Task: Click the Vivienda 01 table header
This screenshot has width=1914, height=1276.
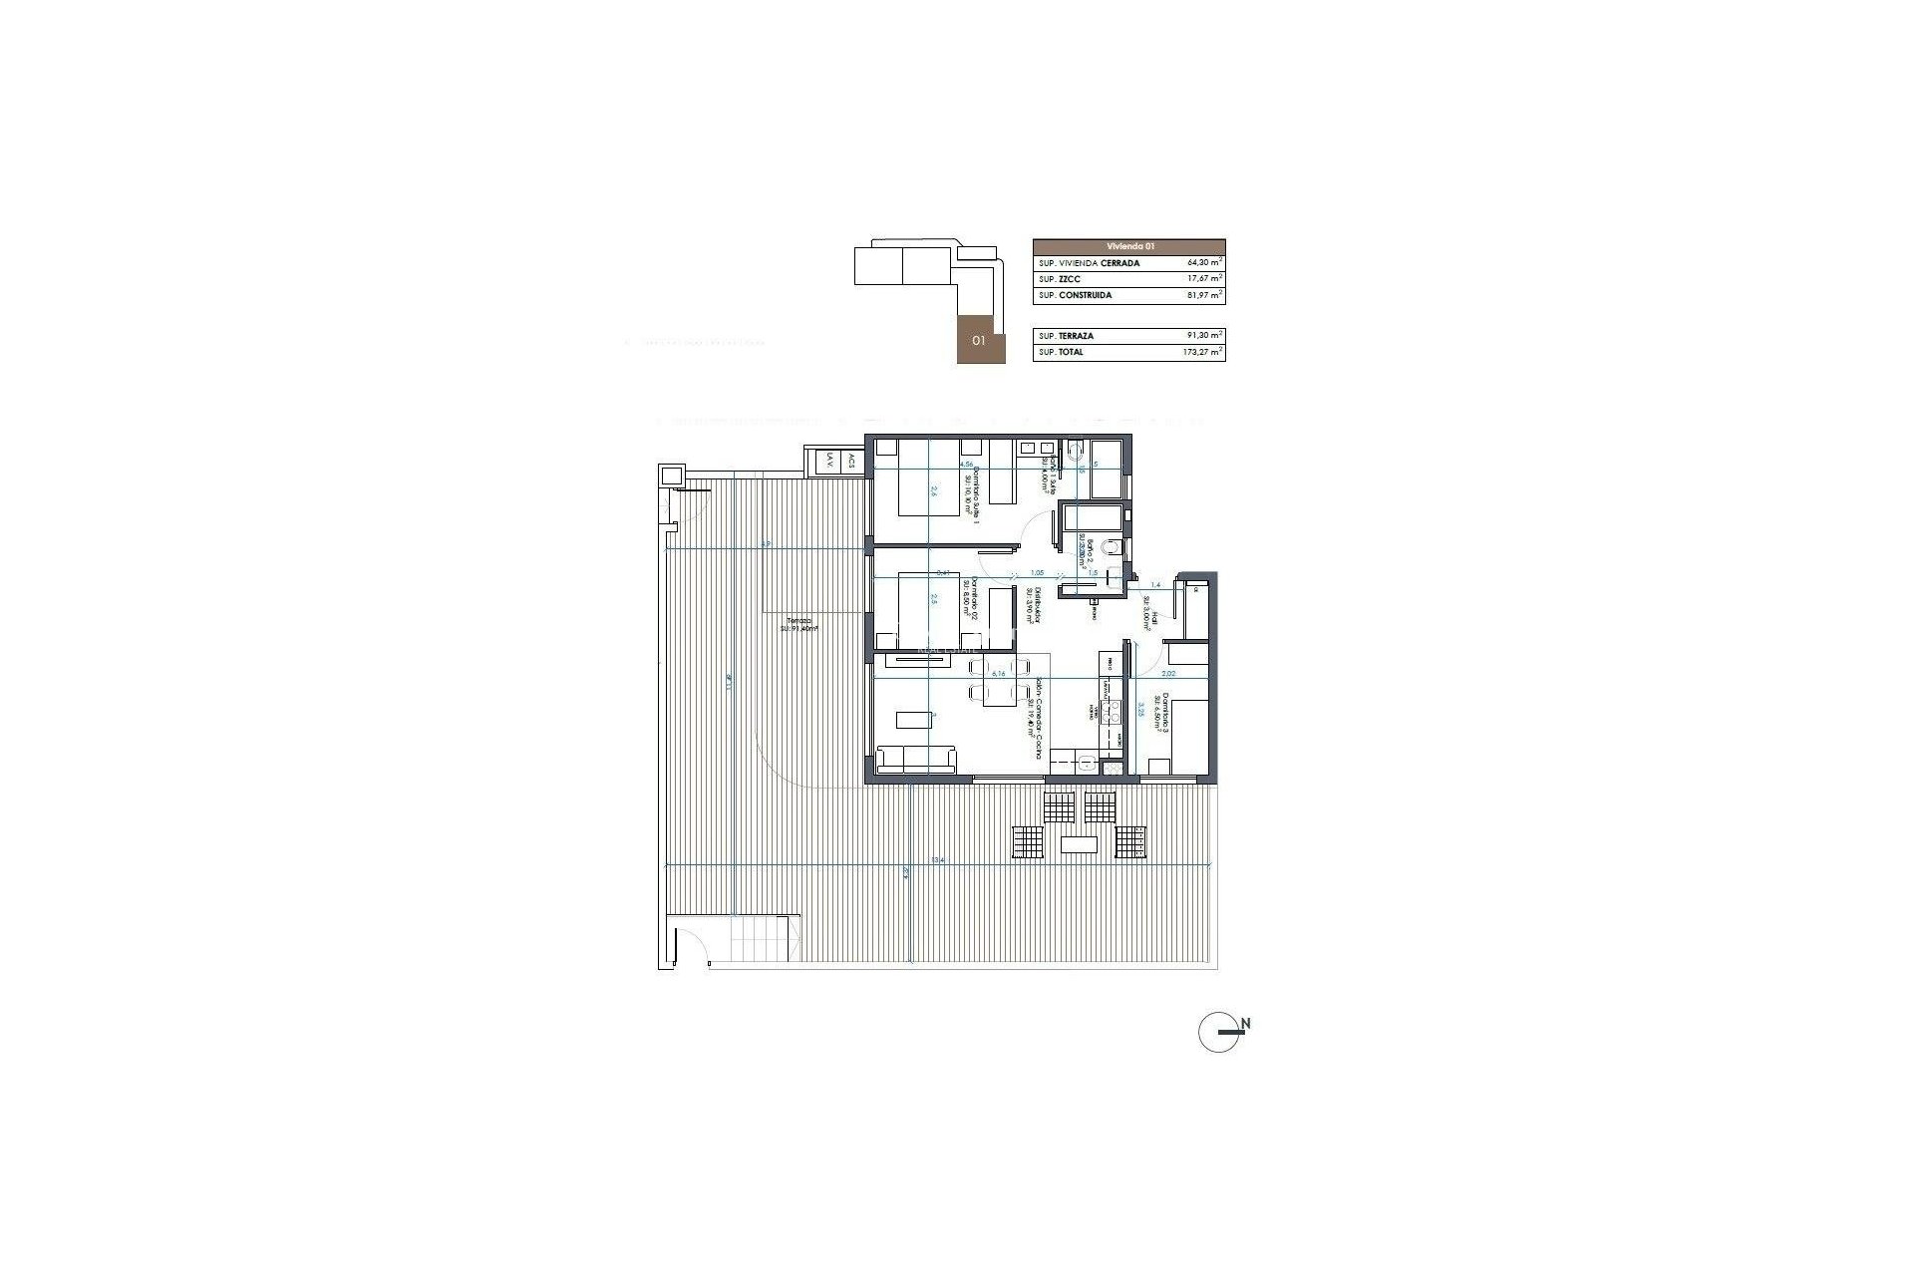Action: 1128,246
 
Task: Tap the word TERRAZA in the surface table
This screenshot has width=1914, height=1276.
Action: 1076,336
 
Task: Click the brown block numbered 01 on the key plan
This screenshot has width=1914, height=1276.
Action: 980,340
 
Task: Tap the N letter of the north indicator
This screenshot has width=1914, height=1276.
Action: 1246,1024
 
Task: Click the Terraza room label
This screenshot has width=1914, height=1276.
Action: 797,625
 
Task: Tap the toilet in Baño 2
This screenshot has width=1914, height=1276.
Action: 1115,547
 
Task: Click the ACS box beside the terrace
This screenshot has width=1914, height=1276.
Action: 851,461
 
